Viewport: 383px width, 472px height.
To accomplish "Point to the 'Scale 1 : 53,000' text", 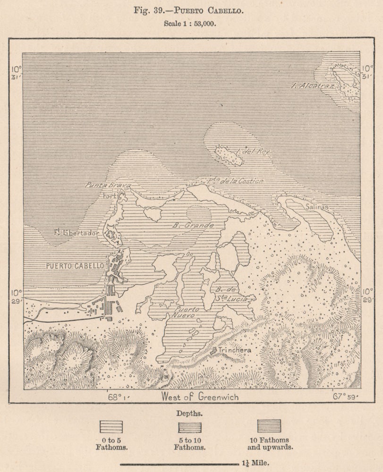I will point(191,24).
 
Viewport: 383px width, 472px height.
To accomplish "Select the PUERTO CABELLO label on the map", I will point(75,266).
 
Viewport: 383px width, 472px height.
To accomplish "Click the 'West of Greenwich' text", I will point(200,397).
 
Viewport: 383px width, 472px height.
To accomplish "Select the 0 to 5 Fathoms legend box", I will point(111,426).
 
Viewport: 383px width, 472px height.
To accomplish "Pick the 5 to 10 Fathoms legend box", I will point(189,426).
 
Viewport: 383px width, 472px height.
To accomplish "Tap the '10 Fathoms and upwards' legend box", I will point(269,426).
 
